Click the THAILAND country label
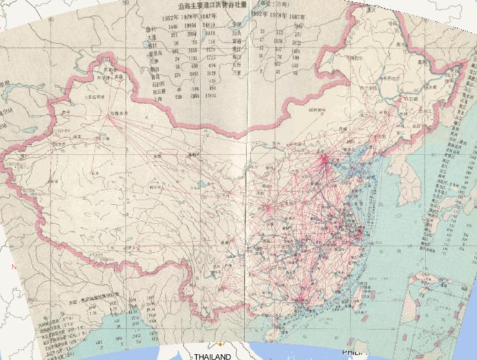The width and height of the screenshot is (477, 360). pyautogui.click(x=212, y=356)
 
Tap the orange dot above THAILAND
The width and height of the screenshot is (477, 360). pyautogui.click(x=220, y=344)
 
